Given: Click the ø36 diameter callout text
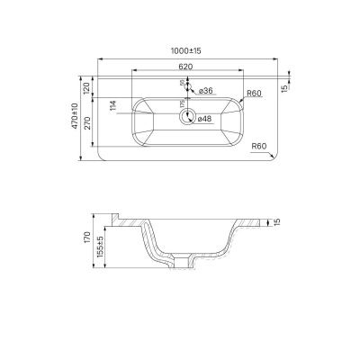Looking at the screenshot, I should [x=204, y=91].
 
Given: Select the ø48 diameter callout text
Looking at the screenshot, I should [x=204, y=118].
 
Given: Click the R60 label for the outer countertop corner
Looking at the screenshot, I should [x=262, y=145].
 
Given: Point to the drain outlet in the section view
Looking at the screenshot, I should [x=187, y=261].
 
